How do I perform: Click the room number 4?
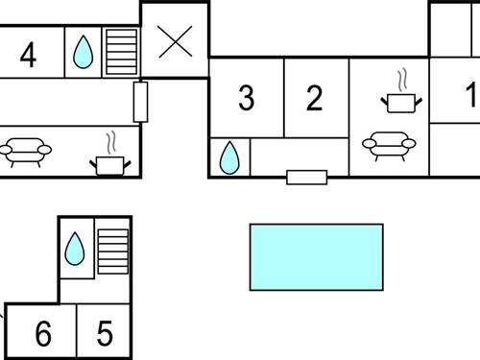tap(28, 55)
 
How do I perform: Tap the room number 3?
tap(247, 98)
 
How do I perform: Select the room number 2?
tap(314, 98)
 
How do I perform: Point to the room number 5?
tap(105, 333)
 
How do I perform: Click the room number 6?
tap(43, 333)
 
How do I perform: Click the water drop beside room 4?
tap(83, 52)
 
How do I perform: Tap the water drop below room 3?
tap(229, 157)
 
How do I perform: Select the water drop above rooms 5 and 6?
tap(75, 249)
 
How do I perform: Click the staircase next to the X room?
tap(122, 52)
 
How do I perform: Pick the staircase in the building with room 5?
tap(113, 252)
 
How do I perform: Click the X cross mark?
tap(176, 42)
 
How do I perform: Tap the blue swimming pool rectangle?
tap(317, 257)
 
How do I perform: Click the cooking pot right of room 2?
tap(401, 104)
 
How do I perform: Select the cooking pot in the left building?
tap(110, 166)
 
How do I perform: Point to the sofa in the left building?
tap(26, 153)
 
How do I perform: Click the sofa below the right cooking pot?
tap(389, 146)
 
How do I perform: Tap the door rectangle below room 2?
tap(307, 178)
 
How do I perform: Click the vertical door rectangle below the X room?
tap(140, 102)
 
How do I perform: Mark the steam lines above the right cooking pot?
tap(402, 80)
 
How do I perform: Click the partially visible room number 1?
tap(472, 94)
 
